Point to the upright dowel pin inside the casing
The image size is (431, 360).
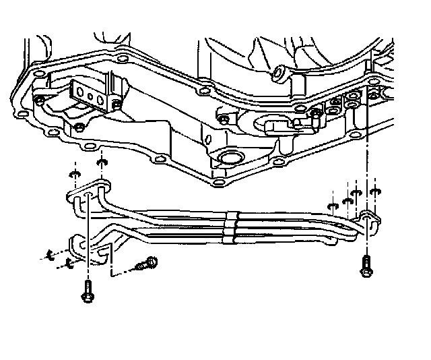tap(315, 119)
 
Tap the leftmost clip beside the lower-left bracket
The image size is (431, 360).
tap(49, 255)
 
